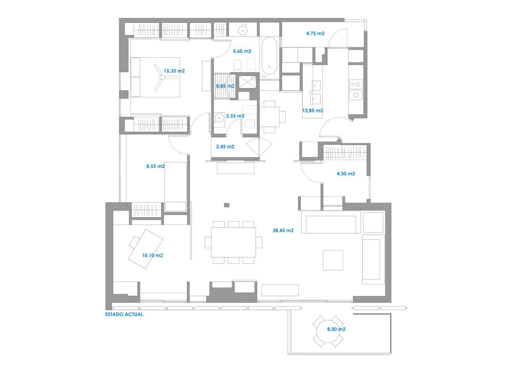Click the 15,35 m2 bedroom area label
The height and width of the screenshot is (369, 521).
click(174, 71)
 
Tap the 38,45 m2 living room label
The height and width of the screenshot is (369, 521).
click(283, 230)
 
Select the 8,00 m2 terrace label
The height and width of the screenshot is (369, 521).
click(336, 329)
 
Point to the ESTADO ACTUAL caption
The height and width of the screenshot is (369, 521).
click(124, 314)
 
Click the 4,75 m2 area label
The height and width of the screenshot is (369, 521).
click(315, 33)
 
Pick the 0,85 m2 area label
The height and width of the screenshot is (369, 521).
click(225, 86)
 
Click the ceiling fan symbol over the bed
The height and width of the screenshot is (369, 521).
click(162, 77)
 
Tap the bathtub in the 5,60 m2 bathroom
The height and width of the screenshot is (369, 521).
click(269, 56)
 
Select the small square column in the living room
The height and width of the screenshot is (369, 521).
click(226, 205)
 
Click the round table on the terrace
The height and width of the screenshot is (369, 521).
click(328, 331)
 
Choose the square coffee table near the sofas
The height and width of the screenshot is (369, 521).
click(333, 260)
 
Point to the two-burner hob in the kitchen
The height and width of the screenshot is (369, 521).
click(356, 84)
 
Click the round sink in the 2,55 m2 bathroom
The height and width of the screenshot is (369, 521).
click(219, 118)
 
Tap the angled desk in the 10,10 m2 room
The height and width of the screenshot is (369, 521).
click(146, 249)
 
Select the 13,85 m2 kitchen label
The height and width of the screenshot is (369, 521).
click(313, 111)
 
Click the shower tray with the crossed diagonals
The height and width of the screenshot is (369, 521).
click(247, 81)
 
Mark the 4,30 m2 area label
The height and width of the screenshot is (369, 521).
click(346, 174)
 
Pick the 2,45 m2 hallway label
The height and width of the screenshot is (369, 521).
click(225, 146)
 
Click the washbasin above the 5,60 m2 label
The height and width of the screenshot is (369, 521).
click(243, 30)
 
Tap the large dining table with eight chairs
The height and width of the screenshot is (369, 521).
click(233, 242)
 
